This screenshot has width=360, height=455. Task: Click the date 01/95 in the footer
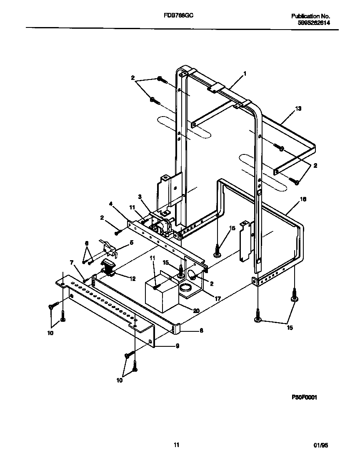321,445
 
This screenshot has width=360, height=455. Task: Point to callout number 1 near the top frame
245,74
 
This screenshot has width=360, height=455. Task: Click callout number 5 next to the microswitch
132,242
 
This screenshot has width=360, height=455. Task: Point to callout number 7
71,263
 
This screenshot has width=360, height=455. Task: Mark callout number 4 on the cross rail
111,204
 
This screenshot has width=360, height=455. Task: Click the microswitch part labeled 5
109,248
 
